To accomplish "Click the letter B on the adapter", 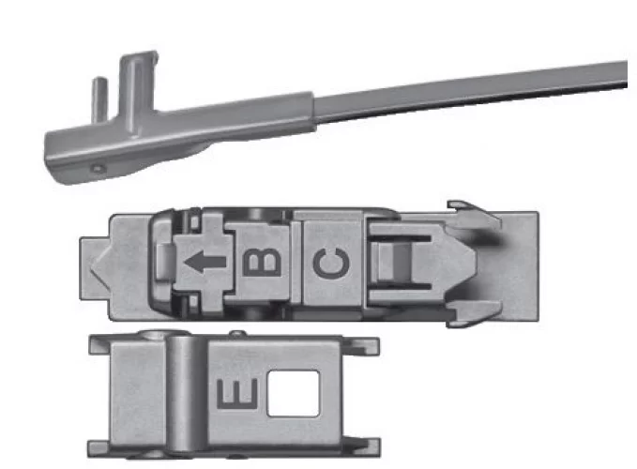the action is (262, 263).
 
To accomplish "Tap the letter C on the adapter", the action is (331, 264).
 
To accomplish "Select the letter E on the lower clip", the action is (237, 393).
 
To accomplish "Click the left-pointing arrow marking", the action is (205, 262).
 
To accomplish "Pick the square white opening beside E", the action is (293, 393).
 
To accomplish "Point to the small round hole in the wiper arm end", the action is (98, 168).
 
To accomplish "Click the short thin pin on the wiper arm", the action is (99, 98).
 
